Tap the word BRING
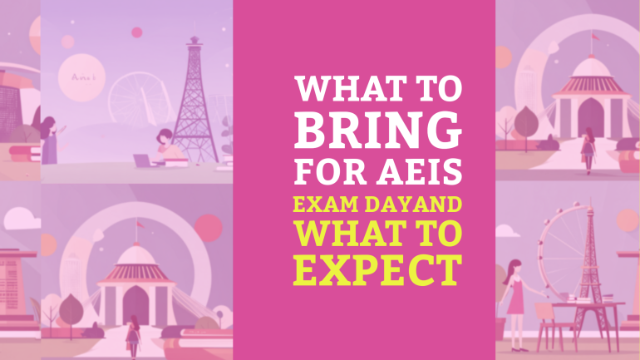(378, 130)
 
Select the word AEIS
(422, 172)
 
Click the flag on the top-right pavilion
(593, 36)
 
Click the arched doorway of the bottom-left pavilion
(135, 307)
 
